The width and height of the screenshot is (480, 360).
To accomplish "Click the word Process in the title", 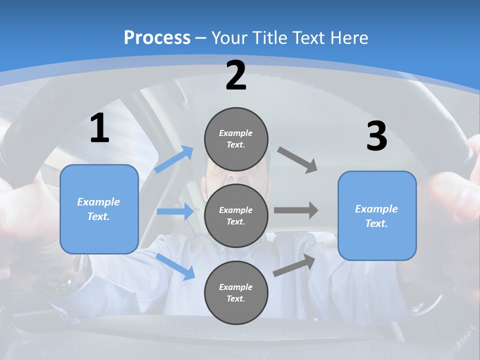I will pos(157,38).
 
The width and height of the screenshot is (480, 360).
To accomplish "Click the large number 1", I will pos(99,128).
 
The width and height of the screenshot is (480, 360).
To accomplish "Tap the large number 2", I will pos(236,75).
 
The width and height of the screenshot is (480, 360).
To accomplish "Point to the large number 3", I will pos(376,136).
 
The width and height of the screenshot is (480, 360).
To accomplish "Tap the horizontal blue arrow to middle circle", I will pos(175,211).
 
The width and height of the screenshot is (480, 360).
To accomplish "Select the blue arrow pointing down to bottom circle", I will pos(175,265).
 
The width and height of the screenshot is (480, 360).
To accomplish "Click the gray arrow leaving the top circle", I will pos(297,159).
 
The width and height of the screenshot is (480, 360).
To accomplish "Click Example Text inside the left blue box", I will pos(98,209).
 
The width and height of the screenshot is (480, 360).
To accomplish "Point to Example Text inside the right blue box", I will pos(376,216).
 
